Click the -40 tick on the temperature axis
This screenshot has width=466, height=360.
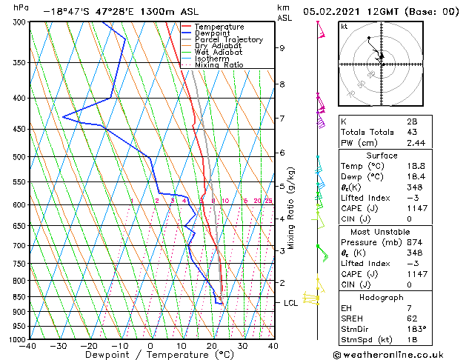point(29,346)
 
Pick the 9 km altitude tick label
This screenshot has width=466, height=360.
point(282,48)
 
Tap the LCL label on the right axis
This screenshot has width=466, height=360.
point(291,303)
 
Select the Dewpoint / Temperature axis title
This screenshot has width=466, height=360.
point(150,355)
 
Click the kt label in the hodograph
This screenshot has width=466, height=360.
point(344,27)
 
